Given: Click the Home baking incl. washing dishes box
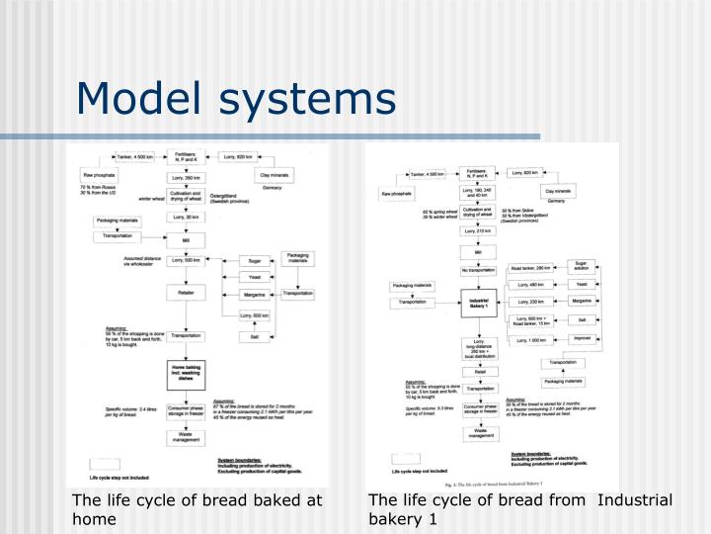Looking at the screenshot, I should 186,372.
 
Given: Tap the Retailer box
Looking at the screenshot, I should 186,294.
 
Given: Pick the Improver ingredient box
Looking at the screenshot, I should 583,338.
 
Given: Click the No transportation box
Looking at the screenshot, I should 478,269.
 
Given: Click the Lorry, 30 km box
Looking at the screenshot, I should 186,217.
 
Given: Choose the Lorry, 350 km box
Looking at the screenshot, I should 186,178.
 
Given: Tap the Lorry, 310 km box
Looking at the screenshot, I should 478,231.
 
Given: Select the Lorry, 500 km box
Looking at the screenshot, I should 186,260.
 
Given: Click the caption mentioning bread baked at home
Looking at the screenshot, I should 197,509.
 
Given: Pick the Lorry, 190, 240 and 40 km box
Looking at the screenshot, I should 478,191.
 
